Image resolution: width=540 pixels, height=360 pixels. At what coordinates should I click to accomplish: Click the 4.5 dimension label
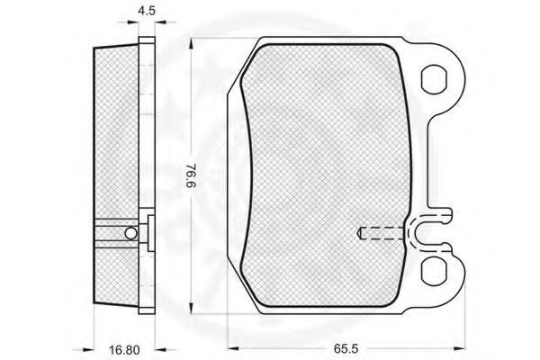click(147, 10)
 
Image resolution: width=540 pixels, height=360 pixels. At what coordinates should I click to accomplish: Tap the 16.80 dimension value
click(125, 350)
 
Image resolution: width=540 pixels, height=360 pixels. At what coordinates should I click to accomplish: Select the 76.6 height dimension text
click(192, 175)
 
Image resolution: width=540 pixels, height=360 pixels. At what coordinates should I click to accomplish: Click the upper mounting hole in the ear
click(435, 79)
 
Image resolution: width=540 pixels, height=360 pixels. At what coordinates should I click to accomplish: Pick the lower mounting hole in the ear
click(435, 271)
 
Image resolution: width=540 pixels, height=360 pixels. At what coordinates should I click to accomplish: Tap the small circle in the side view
click(130, 233)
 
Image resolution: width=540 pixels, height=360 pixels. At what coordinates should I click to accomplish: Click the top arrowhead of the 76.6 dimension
click(191, 43)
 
